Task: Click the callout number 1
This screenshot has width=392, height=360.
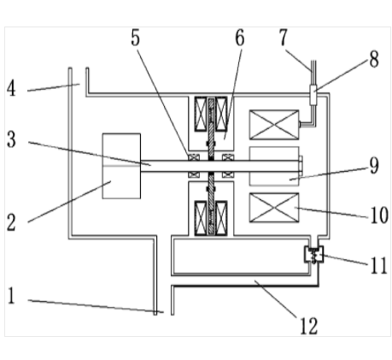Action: (11, 296)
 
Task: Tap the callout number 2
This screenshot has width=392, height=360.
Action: (11, 222)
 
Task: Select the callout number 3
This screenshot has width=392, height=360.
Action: (11, 139)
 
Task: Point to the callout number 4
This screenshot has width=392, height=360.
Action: (11, 88)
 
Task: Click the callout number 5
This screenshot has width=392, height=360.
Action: (136, 38)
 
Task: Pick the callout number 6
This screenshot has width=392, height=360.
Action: (240, 38)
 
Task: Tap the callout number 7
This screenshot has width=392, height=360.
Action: (283, 38)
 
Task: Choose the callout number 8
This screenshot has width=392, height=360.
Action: (374, 59)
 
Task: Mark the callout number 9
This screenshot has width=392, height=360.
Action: (375, 165)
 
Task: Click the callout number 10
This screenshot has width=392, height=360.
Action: (379, 215)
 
